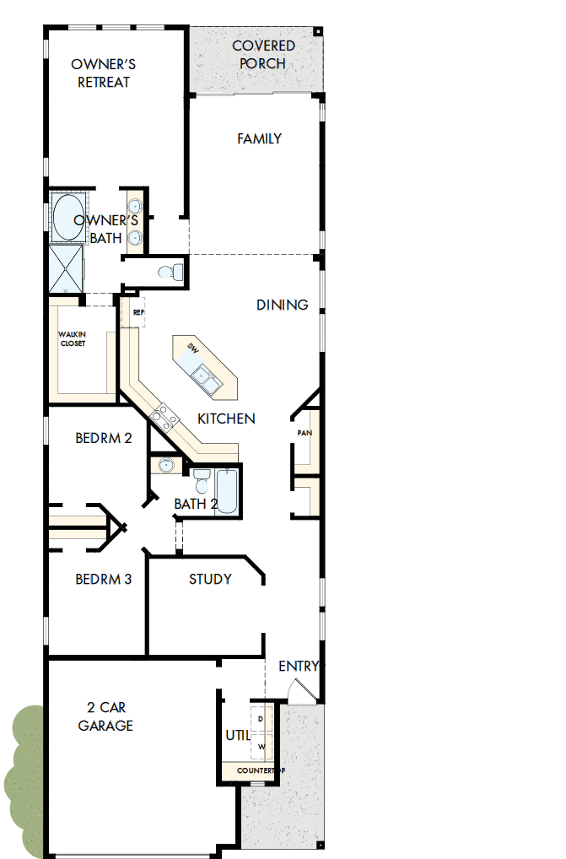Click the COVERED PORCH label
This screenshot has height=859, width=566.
coord(263,55)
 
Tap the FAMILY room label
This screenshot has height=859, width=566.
coord(259,138)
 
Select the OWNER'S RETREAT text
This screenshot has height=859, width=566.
coord(104,73)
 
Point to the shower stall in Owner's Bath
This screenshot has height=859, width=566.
coord(66,267)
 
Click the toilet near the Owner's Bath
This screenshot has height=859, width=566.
coord(172,272)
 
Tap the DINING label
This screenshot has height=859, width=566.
coord(282,305)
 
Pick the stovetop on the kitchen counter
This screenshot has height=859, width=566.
coord(164,415)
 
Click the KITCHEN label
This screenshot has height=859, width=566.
coord(226,419)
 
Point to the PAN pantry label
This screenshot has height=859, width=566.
coord(305,433)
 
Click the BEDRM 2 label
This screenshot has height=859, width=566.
coord(103,438)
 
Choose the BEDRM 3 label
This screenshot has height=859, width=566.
coord(103,579)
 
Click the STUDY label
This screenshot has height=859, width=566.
coord(210,579)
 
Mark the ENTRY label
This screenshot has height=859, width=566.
coord(299,667)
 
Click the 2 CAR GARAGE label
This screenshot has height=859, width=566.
coord(105,716)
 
